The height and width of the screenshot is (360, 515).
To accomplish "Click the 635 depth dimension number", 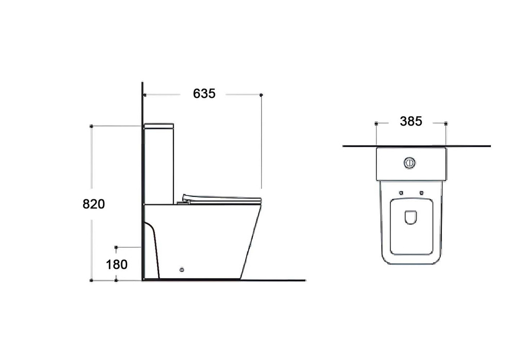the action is pos(204,94).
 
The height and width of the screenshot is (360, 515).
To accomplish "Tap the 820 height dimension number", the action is pos(94,204).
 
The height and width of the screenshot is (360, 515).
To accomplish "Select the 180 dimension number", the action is pos(116,264).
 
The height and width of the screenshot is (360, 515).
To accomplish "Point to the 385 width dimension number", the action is pos(411,122).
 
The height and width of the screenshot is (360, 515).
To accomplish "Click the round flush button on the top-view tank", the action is pos(409,163).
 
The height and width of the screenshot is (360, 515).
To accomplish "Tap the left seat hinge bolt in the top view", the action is pos(401,193).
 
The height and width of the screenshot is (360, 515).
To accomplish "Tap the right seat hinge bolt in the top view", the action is pos(421,193).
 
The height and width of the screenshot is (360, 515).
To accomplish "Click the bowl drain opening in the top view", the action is pos(410,217).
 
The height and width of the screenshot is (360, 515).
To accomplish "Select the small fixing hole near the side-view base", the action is pos(181,270).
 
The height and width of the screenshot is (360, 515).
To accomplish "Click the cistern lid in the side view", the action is pos(159,126).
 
